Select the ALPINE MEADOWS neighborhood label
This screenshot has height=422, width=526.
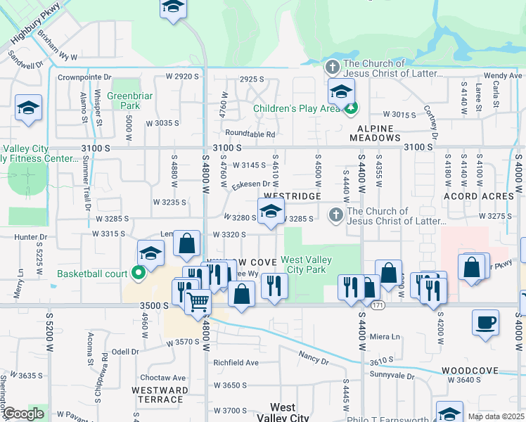pos(378,134)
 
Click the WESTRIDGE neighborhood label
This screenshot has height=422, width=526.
pos(292,196)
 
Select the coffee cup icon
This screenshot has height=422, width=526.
pos(485,324)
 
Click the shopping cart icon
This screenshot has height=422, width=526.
pos(198,302)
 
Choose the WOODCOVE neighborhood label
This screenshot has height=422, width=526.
pos(470,371)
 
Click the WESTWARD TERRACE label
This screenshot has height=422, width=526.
pos(160,395)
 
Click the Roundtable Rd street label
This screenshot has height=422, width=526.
pos(250,134)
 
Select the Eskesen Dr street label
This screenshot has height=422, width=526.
pos(252,184)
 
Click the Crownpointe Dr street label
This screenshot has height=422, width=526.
pos(85,77)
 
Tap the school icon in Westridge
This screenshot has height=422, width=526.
pos(270,211)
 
